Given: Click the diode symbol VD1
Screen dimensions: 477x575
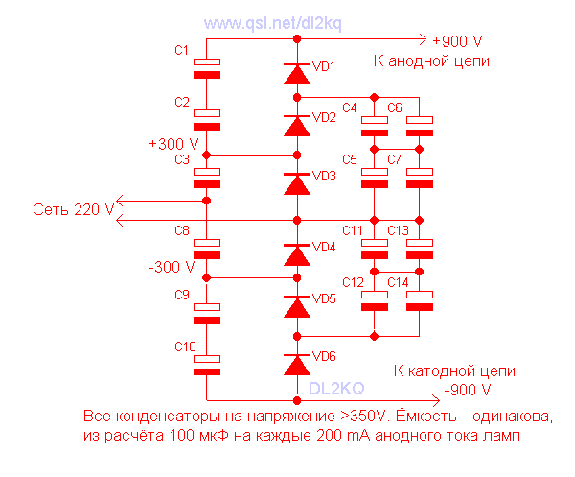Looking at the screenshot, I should [297, 73].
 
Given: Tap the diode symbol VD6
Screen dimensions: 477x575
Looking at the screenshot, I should [297, 364].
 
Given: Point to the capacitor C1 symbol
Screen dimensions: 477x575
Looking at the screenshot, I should [207, 67].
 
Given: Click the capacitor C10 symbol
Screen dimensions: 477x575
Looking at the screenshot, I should [207, 365].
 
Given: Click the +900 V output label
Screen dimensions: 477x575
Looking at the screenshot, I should [457, 42].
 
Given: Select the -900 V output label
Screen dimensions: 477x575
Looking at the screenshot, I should [467, 391].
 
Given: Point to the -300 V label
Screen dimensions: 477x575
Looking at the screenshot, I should [172, 266].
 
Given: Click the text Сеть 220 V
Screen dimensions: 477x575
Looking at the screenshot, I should [74, 208].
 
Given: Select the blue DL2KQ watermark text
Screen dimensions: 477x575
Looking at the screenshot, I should [335, 388].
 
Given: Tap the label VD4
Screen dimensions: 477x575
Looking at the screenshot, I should [324, 247].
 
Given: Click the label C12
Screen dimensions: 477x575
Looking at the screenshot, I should [353, 282].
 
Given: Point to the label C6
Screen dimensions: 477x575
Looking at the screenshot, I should [395, 107].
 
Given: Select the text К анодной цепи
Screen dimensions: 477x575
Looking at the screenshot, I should [431, 60].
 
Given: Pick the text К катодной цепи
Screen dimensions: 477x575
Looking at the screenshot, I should [454, 370].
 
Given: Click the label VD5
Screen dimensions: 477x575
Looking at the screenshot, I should [324, 298].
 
